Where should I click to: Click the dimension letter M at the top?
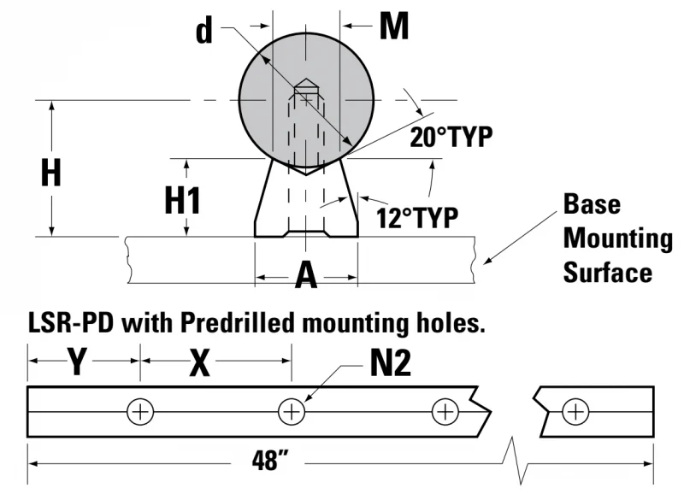tap(394, 26)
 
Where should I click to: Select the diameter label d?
tap(204, 31)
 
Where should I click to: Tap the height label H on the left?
tap(50, 172)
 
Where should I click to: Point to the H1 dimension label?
tap(182, 200)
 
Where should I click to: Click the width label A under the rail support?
tap(306, 275)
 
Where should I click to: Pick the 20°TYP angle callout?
tap(451, 137)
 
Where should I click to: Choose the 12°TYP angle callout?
tap(417, 218)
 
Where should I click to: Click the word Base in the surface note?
tap(592, 203)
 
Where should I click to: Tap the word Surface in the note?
tap(608, 273)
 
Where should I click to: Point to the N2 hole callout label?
tap(391, 363)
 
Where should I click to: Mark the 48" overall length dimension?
tap(269, 461)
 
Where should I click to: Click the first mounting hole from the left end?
tap(140, 411)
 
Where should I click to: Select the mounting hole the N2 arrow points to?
tap(292, 411)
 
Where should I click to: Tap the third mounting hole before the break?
tap(445, 411)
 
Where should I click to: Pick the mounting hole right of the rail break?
tap(575, 411)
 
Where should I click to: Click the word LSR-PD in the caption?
tap(72, 323)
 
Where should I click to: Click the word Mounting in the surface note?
tap(617, 239)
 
